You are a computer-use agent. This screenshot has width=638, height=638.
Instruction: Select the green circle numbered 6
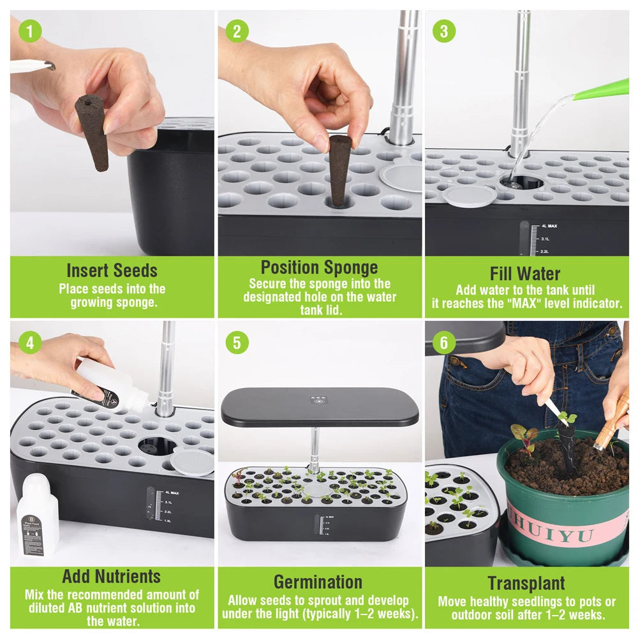pos(443,342)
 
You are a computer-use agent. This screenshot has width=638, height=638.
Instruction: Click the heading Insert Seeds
pos(112,271)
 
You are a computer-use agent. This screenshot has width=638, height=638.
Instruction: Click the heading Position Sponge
pos(319,267)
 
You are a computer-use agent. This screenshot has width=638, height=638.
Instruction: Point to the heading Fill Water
pos(525,274)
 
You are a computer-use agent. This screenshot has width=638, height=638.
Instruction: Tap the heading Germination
pos(318,582)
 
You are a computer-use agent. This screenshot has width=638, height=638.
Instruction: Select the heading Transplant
pos(526,583)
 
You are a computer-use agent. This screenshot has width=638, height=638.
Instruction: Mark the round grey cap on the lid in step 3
pos(469,195)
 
